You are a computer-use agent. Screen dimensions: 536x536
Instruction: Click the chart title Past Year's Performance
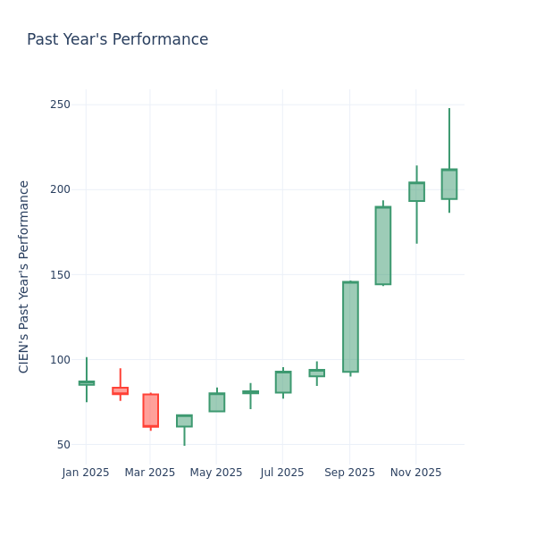tap(117, 40)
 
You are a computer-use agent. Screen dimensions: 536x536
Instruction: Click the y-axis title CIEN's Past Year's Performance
tap(24, 276)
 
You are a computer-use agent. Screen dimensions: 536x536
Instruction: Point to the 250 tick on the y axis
tap(60, 105)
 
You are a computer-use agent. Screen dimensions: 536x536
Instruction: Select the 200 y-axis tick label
tap(60, 189)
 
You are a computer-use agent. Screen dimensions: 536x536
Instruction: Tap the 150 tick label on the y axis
tap(60, 275)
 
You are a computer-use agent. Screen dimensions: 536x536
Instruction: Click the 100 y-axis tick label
tap(60, 360)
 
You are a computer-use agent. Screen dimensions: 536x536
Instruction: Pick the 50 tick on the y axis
tap(63, 445)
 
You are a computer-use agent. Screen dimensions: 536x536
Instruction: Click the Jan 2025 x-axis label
tap(86, 473)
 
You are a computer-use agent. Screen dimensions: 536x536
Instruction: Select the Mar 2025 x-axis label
tap(150, 473)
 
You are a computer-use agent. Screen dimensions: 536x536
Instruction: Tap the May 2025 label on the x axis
tap(216, 473)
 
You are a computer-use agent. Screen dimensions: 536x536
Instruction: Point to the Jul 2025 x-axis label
tap(282, 473)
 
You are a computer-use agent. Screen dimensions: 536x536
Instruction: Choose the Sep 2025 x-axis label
tap(349, 473)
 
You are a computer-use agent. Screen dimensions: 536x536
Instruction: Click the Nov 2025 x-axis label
tap(415, 473)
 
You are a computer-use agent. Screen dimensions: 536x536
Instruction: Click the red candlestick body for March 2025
tap(150, 410)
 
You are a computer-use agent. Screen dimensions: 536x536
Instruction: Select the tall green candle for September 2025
tap(350, 327)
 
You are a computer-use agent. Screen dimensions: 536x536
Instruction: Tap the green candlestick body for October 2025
tap(383, 246)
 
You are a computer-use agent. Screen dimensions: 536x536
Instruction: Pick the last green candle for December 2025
tap(448, 184)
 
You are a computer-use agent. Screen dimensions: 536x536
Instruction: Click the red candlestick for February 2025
tap(120, 390)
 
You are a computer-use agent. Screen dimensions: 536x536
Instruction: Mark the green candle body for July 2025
tap(283, 382)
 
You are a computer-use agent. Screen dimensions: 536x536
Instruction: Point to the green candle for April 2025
tap(184, 421)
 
